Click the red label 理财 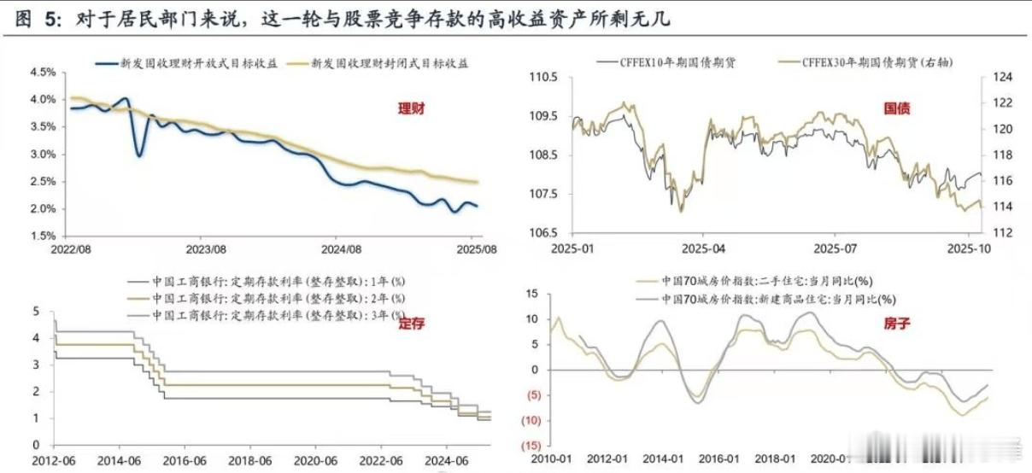pos(411,109)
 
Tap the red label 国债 pos(897,109)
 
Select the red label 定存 pos(411,323)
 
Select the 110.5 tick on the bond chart pos(543,78)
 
